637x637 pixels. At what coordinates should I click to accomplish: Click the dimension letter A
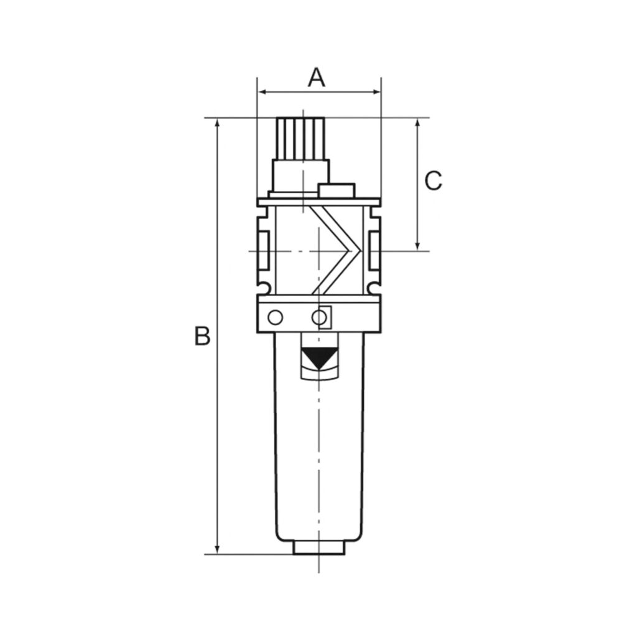pyautogui.click(x=317, y=78)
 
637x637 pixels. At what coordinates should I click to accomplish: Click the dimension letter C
pyautogui.click(x=433, y=181)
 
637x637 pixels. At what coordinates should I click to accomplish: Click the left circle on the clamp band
pyautogui.click(x=274, y=318)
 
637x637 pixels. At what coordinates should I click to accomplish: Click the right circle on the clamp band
pyautogui.click(x=319, y=318)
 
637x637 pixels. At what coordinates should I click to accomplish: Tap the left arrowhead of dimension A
pyautogui.click(x=262, y=92)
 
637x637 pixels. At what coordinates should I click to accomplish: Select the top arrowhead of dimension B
pyautogui.click(x=217, y=123)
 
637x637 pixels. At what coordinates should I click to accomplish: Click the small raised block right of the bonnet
pyautogui.click(x=336, y=190)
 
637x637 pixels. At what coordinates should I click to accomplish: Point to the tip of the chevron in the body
pyautogui.click(x=360, y=251)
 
